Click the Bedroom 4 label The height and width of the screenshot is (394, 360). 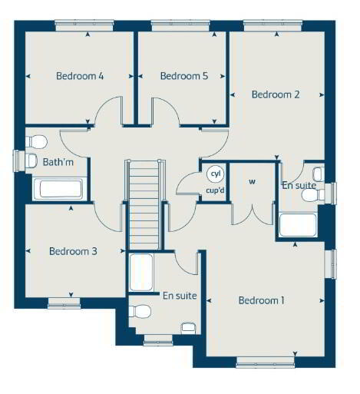(x=80, y=76)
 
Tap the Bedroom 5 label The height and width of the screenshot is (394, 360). (x=184, y=76)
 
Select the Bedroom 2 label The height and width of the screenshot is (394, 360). (x=276, y=94)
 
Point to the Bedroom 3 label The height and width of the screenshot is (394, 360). (x=73, y=251)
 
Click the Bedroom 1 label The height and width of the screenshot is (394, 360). (x=261, y=300)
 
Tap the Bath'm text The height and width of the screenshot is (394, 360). (x=58, y=162)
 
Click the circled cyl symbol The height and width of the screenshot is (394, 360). (x=216, y=174)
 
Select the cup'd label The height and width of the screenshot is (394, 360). (x=215, y=190)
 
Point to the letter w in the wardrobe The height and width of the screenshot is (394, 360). (x=252, y=182)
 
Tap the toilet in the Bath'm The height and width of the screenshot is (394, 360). (x=37, y=141)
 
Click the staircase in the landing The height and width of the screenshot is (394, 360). (x=144, y=205)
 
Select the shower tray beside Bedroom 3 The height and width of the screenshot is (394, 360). (x=141, y=272)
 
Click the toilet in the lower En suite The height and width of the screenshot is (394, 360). (x=140, y=311)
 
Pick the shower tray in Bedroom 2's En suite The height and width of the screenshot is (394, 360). (x=298, y=225)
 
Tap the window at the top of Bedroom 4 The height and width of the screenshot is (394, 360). (x=84, y=25)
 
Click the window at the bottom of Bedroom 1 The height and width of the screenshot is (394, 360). (x=265, y=362)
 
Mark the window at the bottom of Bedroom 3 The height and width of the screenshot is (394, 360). (x=64, y=303)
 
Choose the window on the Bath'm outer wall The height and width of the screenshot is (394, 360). (x=18, y=161)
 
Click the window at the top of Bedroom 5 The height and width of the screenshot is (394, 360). (x=180, y=25)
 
